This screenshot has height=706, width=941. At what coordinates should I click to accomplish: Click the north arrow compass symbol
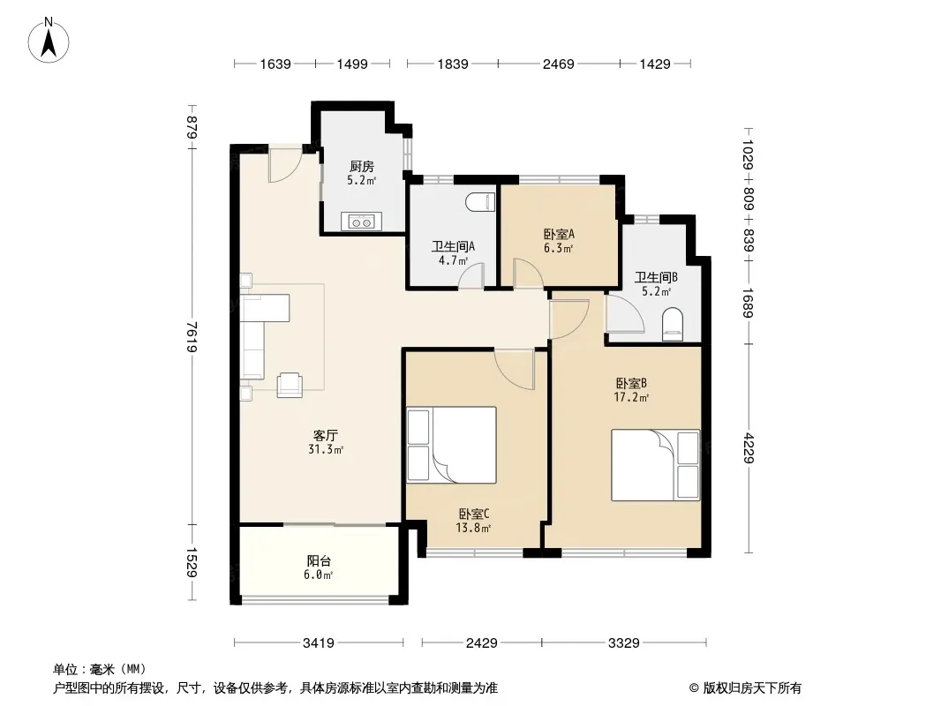tap(49, 41)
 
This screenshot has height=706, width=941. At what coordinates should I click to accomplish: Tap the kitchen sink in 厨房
tap(361, 222)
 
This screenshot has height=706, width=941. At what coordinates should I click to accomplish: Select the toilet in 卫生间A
tap(481, 201)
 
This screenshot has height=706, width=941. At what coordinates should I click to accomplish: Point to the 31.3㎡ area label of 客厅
tap(325, 449)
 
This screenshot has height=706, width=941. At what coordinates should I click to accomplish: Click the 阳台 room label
tap(319, 561)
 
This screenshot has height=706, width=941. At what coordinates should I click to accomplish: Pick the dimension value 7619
tap(192, 337)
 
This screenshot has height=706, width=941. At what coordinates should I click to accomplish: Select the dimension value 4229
tap(748, 447)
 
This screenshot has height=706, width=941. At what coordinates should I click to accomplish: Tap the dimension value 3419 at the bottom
tap(318, 643)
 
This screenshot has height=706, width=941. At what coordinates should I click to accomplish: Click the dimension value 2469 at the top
tap(559, 64)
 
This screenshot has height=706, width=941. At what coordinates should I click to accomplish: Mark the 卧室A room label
tap(559, 234)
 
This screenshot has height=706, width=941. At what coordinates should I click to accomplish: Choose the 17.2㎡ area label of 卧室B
tap(631, 397)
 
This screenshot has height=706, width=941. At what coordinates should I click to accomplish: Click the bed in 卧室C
tap(451, 445)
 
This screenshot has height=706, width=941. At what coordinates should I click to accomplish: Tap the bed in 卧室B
tap(656, 465)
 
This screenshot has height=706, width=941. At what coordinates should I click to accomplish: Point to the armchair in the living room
tap(290, 385)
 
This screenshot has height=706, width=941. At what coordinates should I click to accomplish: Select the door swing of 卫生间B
tap(624, 313)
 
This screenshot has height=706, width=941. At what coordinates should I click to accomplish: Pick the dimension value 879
tap(192, 127)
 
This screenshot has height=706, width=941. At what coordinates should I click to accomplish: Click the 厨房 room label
tap(361, 166)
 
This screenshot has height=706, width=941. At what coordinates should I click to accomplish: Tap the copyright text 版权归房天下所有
tap(752, 688)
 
